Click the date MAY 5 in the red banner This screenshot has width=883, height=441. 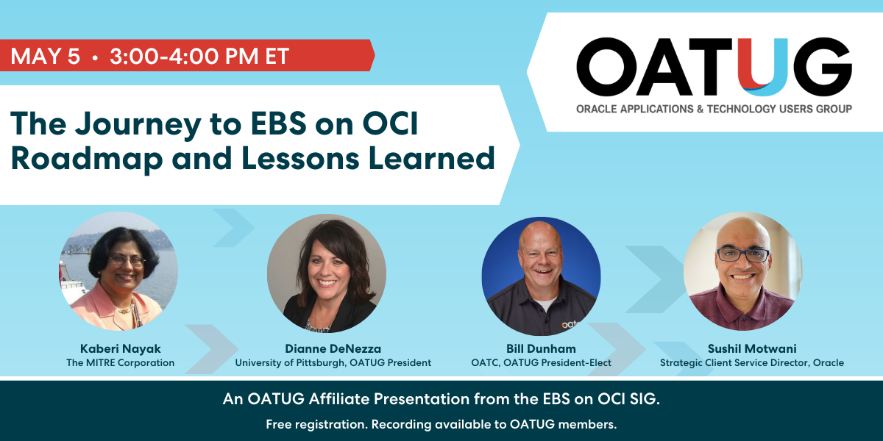46,57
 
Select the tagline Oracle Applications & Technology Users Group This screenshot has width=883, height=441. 714,109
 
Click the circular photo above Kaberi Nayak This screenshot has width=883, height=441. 118,271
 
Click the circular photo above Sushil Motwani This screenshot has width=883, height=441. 742,271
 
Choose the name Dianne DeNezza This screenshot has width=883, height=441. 333,348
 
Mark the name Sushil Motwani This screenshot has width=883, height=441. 751,348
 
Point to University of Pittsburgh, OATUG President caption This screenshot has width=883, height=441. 333,362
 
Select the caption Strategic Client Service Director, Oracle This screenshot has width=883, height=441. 751,362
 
